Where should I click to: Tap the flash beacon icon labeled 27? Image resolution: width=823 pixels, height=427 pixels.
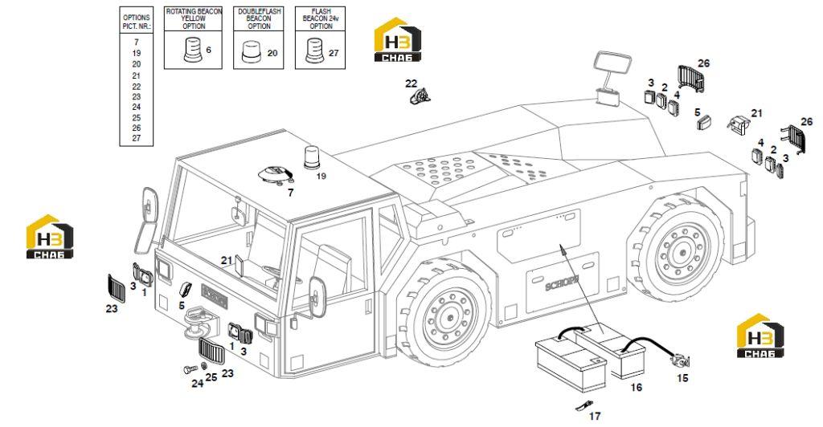click(314, 51)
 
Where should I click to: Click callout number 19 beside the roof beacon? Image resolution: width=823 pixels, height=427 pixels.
click(321, 176)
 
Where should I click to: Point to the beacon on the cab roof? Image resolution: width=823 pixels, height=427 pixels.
click(311, 158)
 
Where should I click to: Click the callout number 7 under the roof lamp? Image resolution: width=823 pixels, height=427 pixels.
click(290, 193)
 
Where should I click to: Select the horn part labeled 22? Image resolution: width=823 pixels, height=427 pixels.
click(420, 97)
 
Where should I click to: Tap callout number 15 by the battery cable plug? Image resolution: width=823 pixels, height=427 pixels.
click(682, 378)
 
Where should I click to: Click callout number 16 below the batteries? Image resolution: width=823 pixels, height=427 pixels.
click(637, 387)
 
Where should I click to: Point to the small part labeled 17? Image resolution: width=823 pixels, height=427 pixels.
click(583, 406)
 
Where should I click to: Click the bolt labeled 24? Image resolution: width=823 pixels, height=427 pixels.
click(190, 370)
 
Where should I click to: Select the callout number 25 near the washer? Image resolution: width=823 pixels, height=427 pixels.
click(211, 376)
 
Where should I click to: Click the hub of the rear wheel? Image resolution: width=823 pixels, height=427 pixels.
click(682, 250)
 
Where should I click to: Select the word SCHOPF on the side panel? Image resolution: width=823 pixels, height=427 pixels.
click(561, 285)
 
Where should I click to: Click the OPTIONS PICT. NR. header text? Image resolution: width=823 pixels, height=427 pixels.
click(137, 22)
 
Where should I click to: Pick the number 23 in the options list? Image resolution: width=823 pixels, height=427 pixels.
click(137, 97)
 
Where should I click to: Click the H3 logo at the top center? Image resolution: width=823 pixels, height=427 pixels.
click(397, 39)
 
